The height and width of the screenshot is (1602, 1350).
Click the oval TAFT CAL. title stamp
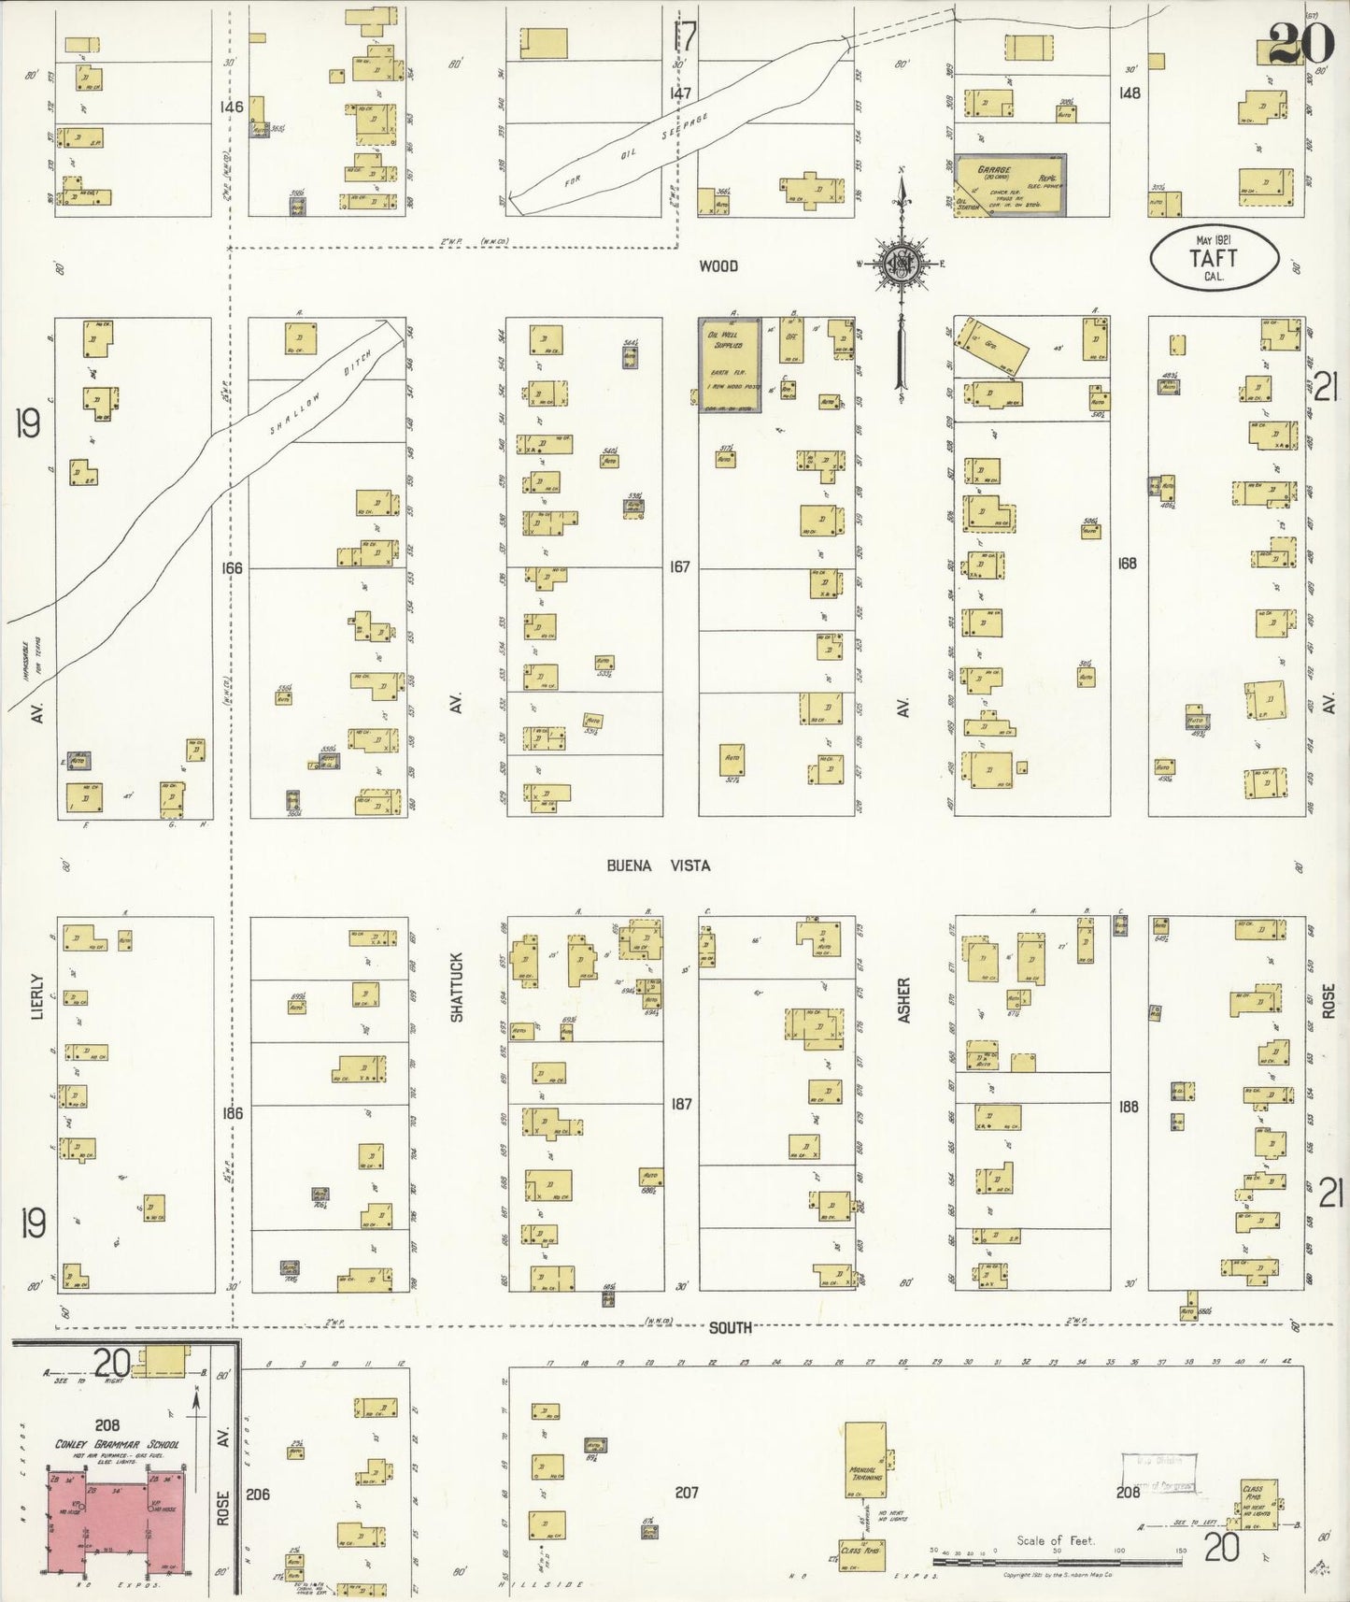click(1214, 257)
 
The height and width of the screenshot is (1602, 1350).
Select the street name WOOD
click(718, 266)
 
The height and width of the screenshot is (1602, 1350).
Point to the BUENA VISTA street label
click(658, 865)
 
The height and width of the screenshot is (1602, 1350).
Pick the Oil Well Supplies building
click(730, 364)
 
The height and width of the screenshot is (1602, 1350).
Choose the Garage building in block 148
click(1010, 184)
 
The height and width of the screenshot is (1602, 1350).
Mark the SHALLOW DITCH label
click(322, 393)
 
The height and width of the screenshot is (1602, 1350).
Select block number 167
click(679, 566)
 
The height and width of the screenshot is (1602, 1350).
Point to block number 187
click(681, 1104)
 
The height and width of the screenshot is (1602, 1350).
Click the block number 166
click(231, 567)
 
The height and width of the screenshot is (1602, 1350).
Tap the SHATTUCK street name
click(457, 986)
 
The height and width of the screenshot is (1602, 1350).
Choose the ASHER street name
click(903, 999)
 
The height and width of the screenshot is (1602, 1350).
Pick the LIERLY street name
click(37, 995)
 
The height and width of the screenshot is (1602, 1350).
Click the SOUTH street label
click(730, 1327)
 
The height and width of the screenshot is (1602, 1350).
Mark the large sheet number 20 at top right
click(1298, 43)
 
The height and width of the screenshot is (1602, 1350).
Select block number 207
click(687, 1493)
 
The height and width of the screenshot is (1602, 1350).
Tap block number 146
click(231, 107)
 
